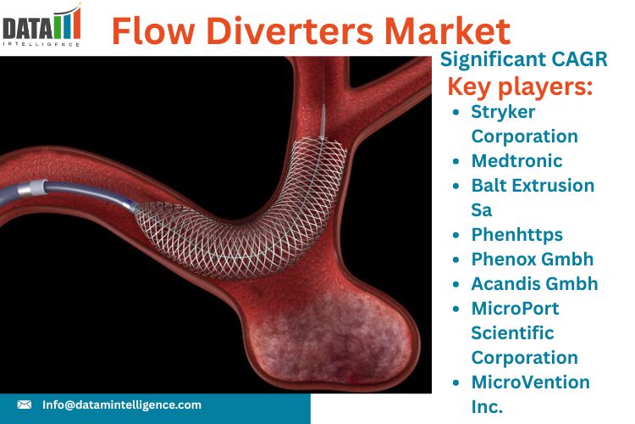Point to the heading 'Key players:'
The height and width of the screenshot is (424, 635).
tap(520, 86)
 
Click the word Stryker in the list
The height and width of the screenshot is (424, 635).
tap(503, 113)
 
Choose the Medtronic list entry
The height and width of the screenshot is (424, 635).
tap(516, 160)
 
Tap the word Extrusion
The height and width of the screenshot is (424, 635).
tap(551, 186)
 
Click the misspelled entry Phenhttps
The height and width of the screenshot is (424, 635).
tap(517, 236)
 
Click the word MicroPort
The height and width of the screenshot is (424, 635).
tap(515, 309)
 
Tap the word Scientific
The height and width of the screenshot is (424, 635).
tap(512, 333)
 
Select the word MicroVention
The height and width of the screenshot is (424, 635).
tap(531, 382)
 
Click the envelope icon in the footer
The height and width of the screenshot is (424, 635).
tap(25, 404)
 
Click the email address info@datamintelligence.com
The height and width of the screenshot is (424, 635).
tap(122, 405)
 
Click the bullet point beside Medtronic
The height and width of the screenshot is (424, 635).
tap(456, 161)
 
